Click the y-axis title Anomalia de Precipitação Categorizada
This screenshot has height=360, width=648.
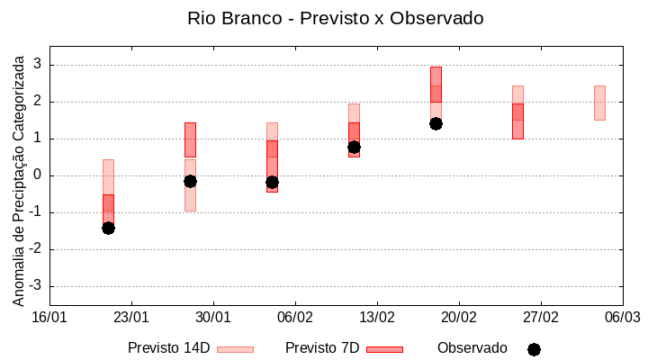coord(18,177)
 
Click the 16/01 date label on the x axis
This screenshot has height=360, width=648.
coord(49,318)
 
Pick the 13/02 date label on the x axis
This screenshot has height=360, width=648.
coord(377,318)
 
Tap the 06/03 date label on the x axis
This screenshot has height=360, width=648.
coord(622,318)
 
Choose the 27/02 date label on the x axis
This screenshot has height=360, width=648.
coord(540,318)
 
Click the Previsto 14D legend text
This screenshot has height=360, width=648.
coord(169,348)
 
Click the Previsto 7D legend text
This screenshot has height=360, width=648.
coord(322,348)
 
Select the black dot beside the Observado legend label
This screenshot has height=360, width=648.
coord(534,349)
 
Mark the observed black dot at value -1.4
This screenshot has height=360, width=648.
coord(108,228)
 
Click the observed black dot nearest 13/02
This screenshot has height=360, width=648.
coord(354,147)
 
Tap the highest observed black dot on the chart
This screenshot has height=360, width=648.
coord(436,123)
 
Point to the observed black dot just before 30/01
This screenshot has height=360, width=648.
coord(190,181)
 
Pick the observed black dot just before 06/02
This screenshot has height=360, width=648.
coord(272,182)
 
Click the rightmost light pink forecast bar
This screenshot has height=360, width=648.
coord(599,103)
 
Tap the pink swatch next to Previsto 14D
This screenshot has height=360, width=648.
coord(235,349)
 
